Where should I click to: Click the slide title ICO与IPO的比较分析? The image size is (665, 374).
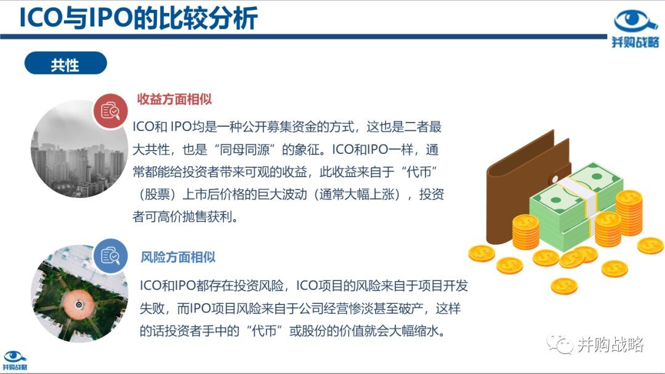[139, 18]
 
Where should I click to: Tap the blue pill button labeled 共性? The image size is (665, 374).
[66, 63]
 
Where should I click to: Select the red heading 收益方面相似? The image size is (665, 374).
[174, 99]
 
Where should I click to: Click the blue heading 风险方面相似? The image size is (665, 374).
[178, 257]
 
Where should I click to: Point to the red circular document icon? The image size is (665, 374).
[111, 111]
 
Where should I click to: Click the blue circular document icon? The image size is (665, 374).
[110, 256]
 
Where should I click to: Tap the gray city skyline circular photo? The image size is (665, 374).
[79, 149]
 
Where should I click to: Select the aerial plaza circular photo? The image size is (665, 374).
[79, 293]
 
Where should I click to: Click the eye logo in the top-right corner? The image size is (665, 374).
[635, 23]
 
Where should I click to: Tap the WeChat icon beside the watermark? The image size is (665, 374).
[560, 343]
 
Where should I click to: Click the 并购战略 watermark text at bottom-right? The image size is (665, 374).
[611, 344]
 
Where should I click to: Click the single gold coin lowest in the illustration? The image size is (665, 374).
[564, 286]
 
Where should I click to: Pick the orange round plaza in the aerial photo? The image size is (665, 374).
[78, 304]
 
